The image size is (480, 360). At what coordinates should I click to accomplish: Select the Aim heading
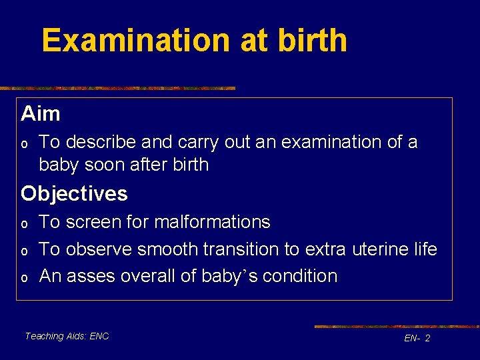(41, 114)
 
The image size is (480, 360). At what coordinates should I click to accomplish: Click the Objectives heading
(74, 194)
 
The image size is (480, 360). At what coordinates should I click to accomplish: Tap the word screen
(94, 222)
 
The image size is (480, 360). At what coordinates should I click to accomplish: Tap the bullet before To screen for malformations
(24, 223)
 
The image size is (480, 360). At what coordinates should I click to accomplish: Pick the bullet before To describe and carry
(24, 143)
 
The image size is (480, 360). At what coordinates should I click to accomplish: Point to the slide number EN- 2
(417, 339)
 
